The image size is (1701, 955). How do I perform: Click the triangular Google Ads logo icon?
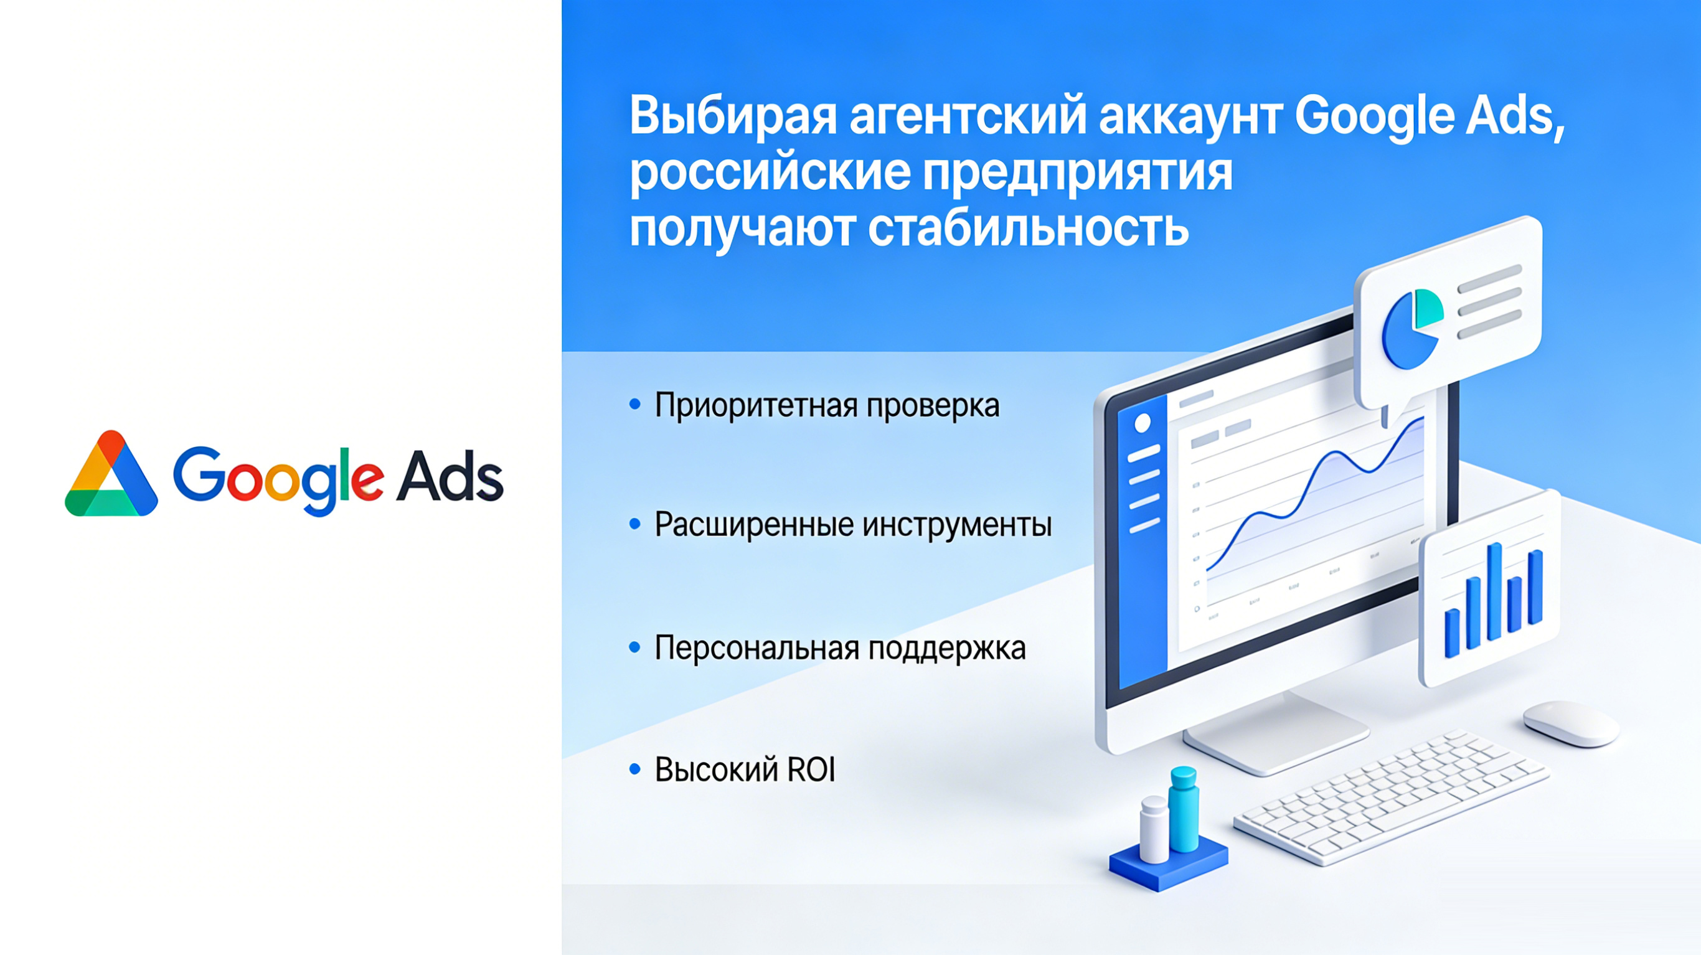111,476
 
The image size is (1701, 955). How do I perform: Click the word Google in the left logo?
277,478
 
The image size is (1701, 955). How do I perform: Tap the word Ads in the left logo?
450,476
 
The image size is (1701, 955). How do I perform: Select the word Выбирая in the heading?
732,116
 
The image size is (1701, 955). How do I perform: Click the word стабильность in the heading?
1027,229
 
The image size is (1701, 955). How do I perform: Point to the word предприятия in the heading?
1077,173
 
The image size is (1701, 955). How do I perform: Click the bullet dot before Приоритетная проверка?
635,404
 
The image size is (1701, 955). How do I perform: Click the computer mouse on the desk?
1571,724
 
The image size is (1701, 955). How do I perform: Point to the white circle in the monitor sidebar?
1143,423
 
